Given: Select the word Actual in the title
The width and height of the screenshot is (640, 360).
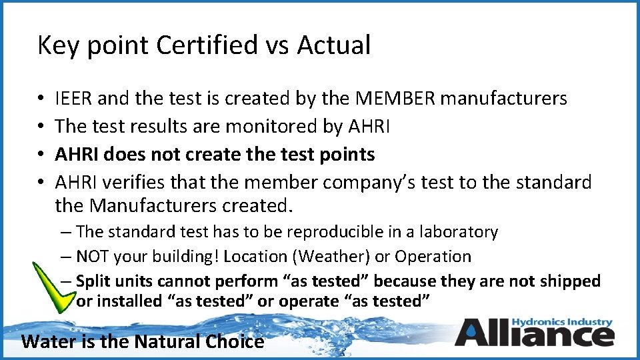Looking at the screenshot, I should point(333,45).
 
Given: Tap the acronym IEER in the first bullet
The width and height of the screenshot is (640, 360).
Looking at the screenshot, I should point(74,99).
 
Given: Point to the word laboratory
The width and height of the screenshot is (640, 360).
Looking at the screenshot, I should point(461,232).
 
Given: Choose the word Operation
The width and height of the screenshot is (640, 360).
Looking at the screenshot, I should point(433,257).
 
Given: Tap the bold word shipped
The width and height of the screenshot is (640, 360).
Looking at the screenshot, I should point(571,281).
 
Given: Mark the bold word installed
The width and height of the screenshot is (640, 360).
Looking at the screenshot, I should point(129,301).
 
